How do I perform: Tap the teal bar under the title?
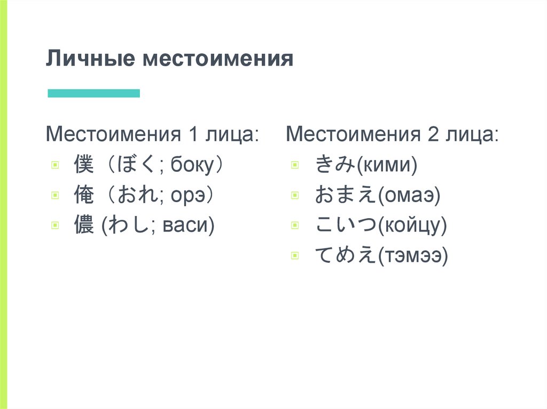[x=93, y=93]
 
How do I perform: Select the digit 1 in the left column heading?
[x=191, y=134]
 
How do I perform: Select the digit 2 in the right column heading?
[x=432, y=134]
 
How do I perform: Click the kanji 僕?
[x=84, y=165]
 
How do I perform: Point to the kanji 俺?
[x=84, y=196]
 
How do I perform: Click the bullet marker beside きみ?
[x=295, y=165]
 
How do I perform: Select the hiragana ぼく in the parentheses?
[x=131, y=165]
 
